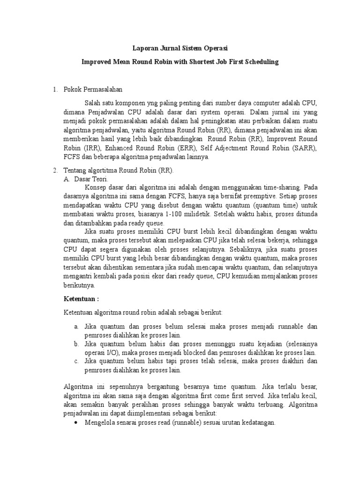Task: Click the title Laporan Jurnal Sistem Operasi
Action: tap(180, 47)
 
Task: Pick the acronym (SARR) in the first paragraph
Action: tap(289, 149)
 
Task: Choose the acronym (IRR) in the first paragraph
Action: tap(75, 149)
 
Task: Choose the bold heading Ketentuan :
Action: tap(81, 299)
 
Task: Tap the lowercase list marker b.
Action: tap(75, 344)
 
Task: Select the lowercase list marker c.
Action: tap(75, 361)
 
